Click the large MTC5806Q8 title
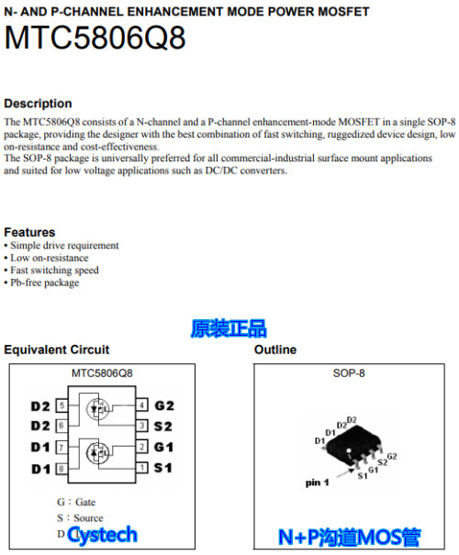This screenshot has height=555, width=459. [x=95, y=39]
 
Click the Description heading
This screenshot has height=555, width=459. [x=38, y=104]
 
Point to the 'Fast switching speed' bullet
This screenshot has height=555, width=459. [x=54, y=271]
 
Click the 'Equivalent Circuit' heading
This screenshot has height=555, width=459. [x=57, y=350]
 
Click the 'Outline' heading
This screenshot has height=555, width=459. [x=274, y=350]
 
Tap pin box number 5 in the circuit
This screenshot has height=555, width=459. [x=62, y=405]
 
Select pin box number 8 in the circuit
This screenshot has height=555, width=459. [x=62, y=469]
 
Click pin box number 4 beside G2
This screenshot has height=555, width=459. [x=141, y=405]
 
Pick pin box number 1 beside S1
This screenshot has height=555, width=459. [x=141, y=469]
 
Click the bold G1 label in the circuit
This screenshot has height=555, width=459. [x=164, y=448]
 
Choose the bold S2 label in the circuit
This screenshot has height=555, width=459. [x=164, y=427]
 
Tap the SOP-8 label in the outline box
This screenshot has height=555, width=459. [x=349, y=373]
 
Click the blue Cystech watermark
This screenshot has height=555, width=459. [x=102, y=535]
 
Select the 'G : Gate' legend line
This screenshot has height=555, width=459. [x=76, y=502]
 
